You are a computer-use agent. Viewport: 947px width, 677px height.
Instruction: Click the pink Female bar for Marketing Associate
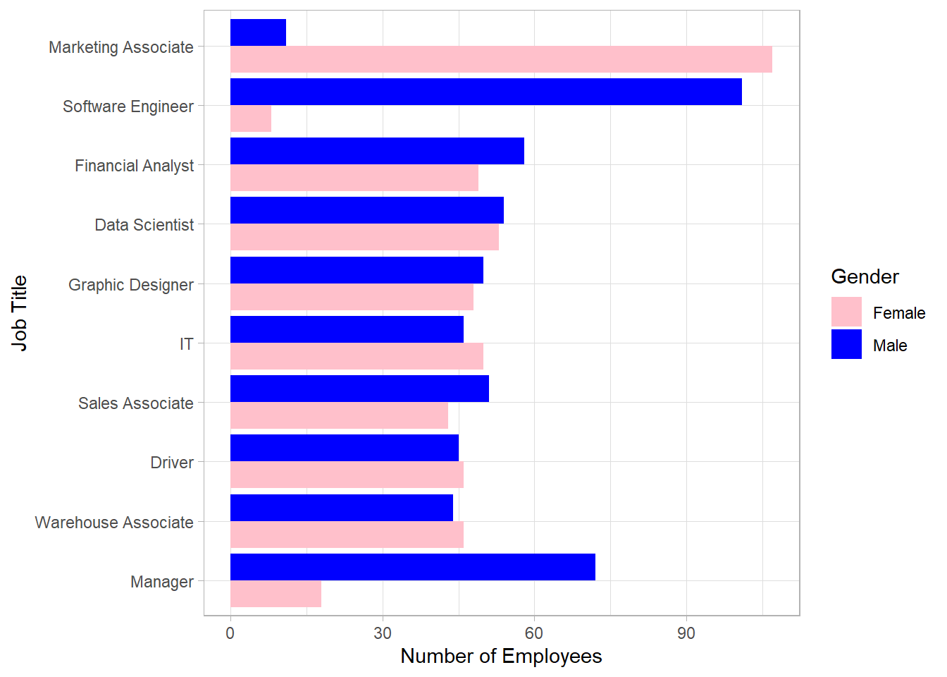(x=501, y=59)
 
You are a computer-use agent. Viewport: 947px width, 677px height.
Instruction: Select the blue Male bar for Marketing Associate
(x=258, y=32)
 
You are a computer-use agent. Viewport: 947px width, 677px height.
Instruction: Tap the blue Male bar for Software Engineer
(x=486, y=92)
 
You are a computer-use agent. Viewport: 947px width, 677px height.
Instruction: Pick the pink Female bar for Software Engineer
(x=251, y=118)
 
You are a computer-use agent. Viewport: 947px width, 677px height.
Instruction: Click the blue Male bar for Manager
(x=413, y=567)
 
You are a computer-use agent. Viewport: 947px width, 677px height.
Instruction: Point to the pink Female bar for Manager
(x=276, y=594)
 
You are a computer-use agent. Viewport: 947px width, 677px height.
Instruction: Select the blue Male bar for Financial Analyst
(x=377, y=151)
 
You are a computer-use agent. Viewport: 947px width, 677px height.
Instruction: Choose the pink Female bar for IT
(x=357, y=356)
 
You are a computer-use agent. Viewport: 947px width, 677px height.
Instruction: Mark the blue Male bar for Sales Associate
(x=359, y=389)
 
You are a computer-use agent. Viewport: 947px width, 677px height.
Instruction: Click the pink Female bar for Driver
(x=347, y=475)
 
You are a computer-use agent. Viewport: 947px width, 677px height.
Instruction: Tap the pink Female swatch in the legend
(x=846, y=312)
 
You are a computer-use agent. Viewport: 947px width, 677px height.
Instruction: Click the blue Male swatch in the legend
(x=846, y=344)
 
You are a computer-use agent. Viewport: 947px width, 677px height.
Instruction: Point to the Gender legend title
(x=865, y=276)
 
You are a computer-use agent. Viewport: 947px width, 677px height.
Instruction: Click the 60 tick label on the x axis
(x=534, y=633)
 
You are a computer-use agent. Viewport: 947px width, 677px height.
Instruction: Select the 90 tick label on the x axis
(x=686, y=633)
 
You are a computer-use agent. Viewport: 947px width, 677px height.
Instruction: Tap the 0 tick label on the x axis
(x=230, y=633)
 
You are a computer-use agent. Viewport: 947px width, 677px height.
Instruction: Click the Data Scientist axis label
(x=144, y=225)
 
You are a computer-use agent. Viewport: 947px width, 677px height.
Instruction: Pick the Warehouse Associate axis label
(x=114, y=523)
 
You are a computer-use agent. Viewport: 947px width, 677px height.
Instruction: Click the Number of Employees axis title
(x=501, y=657)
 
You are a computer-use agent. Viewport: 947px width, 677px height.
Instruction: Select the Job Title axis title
(x=20, y=313)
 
